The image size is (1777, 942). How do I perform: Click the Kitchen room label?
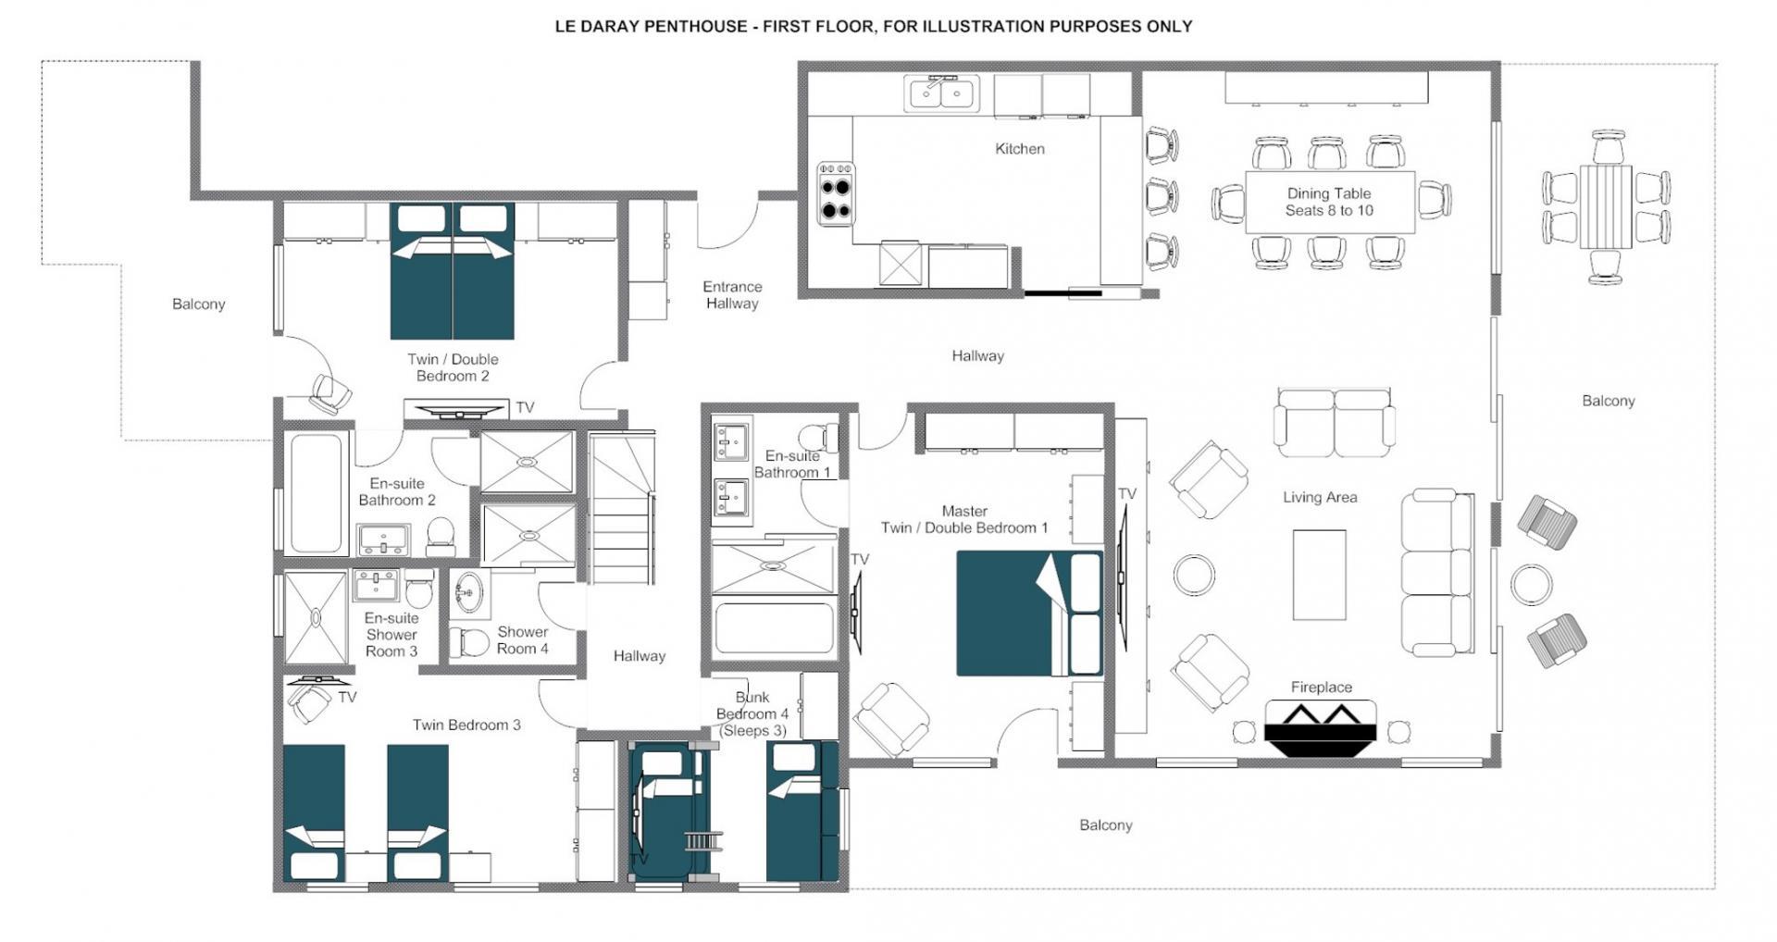tap(1019, 148)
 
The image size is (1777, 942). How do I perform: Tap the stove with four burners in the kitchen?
tap(836, 193)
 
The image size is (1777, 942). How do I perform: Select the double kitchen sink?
tap(941, 93)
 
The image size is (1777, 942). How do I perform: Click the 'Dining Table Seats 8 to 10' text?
tap(1328, 202)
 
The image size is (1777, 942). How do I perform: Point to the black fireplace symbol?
tap(1321, 726)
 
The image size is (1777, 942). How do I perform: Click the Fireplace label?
tap(1321, 687)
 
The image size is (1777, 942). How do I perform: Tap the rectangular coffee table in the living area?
tap(1319, 575)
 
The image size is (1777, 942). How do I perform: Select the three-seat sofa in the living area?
tap(1437, 573)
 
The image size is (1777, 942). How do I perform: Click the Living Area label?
tap(1319, 497)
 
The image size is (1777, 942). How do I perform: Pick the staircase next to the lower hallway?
tap(622, 509)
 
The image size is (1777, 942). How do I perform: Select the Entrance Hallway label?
tap(731, 295)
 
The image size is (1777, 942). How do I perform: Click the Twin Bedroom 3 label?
tap(466, 725)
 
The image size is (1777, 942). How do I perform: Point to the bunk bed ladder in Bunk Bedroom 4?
tap(702, 840)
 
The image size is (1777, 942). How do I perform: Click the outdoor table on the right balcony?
tap(1606, 206)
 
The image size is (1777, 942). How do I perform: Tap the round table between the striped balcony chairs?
tap(1531, 585)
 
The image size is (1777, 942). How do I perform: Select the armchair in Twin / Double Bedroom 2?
tap(329, 393)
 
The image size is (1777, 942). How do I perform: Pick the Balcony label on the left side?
tap(198, 304)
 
